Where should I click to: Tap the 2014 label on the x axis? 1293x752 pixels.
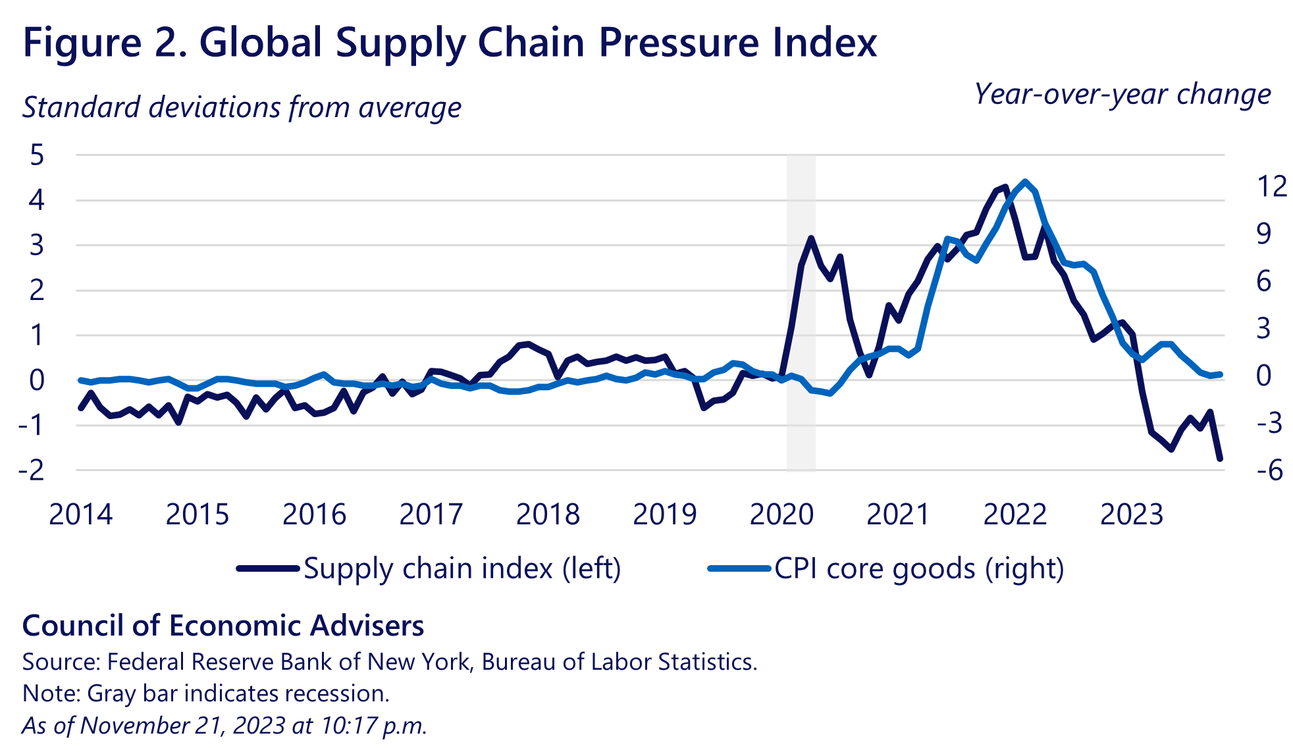coord(80,514)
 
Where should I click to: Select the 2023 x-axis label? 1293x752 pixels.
coord(1132,514)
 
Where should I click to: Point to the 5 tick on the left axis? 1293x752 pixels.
coord(37,155)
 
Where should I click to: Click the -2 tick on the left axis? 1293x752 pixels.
coord(32,470)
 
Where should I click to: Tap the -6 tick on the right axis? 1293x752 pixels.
coord(1269,470)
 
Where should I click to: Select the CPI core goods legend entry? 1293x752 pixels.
coord(919,568)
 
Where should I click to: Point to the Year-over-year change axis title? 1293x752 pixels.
coord(1122,94)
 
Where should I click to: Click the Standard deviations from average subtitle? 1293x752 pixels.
coord(242,107)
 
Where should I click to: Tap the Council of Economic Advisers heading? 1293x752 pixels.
coord(223,626)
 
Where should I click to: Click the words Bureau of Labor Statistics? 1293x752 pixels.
coord(619,662)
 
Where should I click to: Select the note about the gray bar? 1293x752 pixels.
coord(206,693)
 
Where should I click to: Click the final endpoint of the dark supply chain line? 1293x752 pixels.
coord(1220,459)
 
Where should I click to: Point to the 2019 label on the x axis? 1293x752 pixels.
coord(664,514)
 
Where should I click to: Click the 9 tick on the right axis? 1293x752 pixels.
coord(1264,234)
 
